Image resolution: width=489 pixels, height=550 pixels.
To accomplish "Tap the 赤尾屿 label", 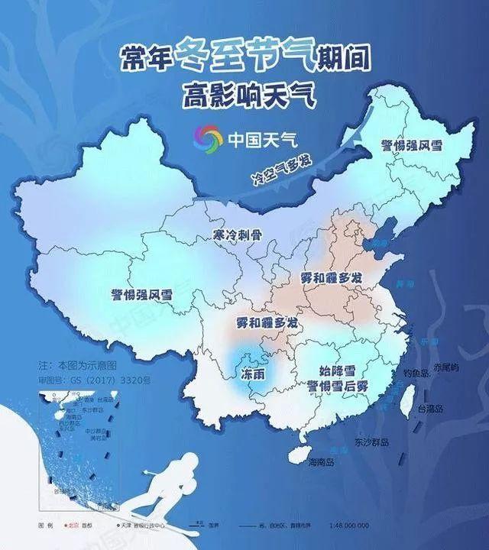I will coord(445,367).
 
